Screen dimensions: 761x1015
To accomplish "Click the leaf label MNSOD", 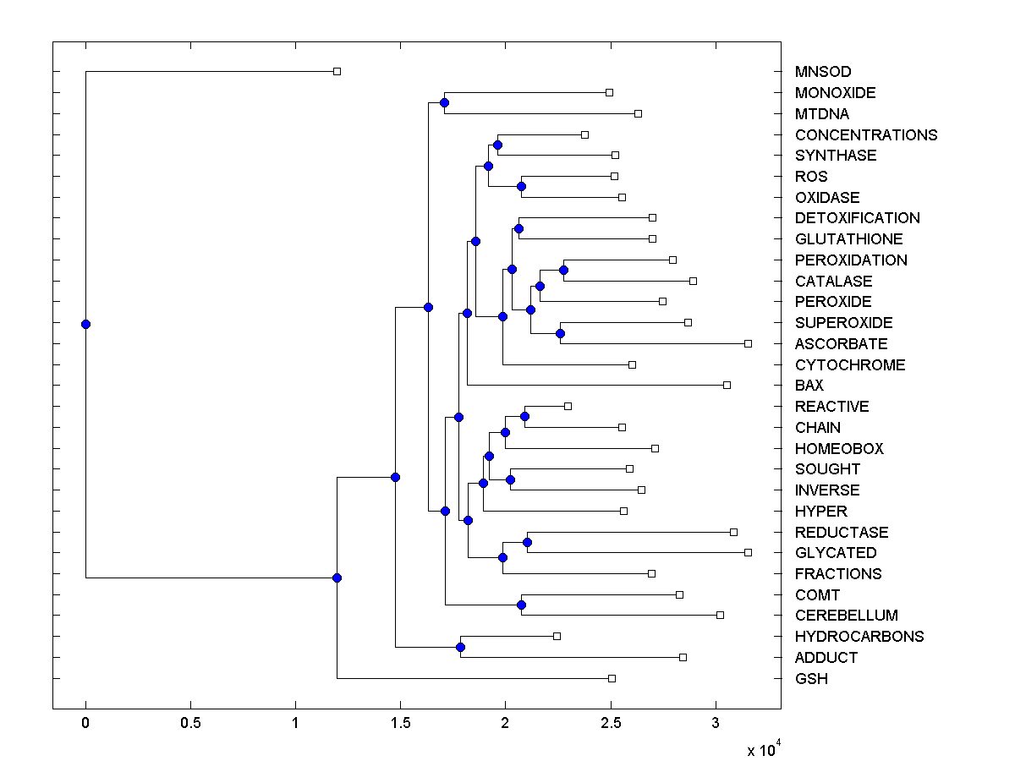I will [x=823, y=72].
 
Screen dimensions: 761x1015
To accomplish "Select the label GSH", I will [x=811, y=679].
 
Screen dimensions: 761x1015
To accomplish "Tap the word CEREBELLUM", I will [x=846, y=616].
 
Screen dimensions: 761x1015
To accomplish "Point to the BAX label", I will [x=809, y=386].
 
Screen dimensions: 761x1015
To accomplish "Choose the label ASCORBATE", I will [x=841, y=344].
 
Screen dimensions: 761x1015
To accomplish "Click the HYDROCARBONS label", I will [x=859, y=637].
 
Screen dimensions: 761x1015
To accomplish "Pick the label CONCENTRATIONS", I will [x=866, y=135].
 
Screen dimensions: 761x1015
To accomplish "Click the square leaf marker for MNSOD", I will [x=337, y=72].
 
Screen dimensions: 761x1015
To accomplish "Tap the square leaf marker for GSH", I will [x=612, y=678].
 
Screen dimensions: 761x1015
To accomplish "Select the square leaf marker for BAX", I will [x=727, y=385].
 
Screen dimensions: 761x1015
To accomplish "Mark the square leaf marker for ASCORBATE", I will [x=748, y=343].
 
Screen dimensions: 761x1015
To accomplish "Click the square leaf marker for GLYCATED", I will [x=748, y=552].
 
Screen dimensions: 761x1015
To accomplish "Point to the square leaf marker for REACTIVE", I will [x=568, y=406].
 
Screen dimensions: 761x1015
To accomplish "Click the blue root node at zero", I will [x=85, y=324].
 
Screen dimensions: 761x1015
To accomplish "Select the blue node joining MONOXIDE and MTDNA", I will [x=444, y=103].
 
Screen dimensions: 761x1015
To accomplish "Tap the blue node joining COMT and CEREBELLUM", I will [x=521, y=605].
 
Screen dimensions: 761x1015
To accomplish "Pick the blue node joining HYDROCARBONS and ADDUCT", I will [x=460, y=647].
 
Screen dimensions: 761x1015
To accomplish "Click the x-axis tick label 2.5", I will [x=611, y=723].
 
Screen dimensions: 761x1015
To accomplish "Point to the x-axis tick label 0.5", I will [x=190, y=723].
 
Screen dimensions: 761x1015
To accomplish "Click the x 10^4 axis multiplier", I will [x=764, y=749].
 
